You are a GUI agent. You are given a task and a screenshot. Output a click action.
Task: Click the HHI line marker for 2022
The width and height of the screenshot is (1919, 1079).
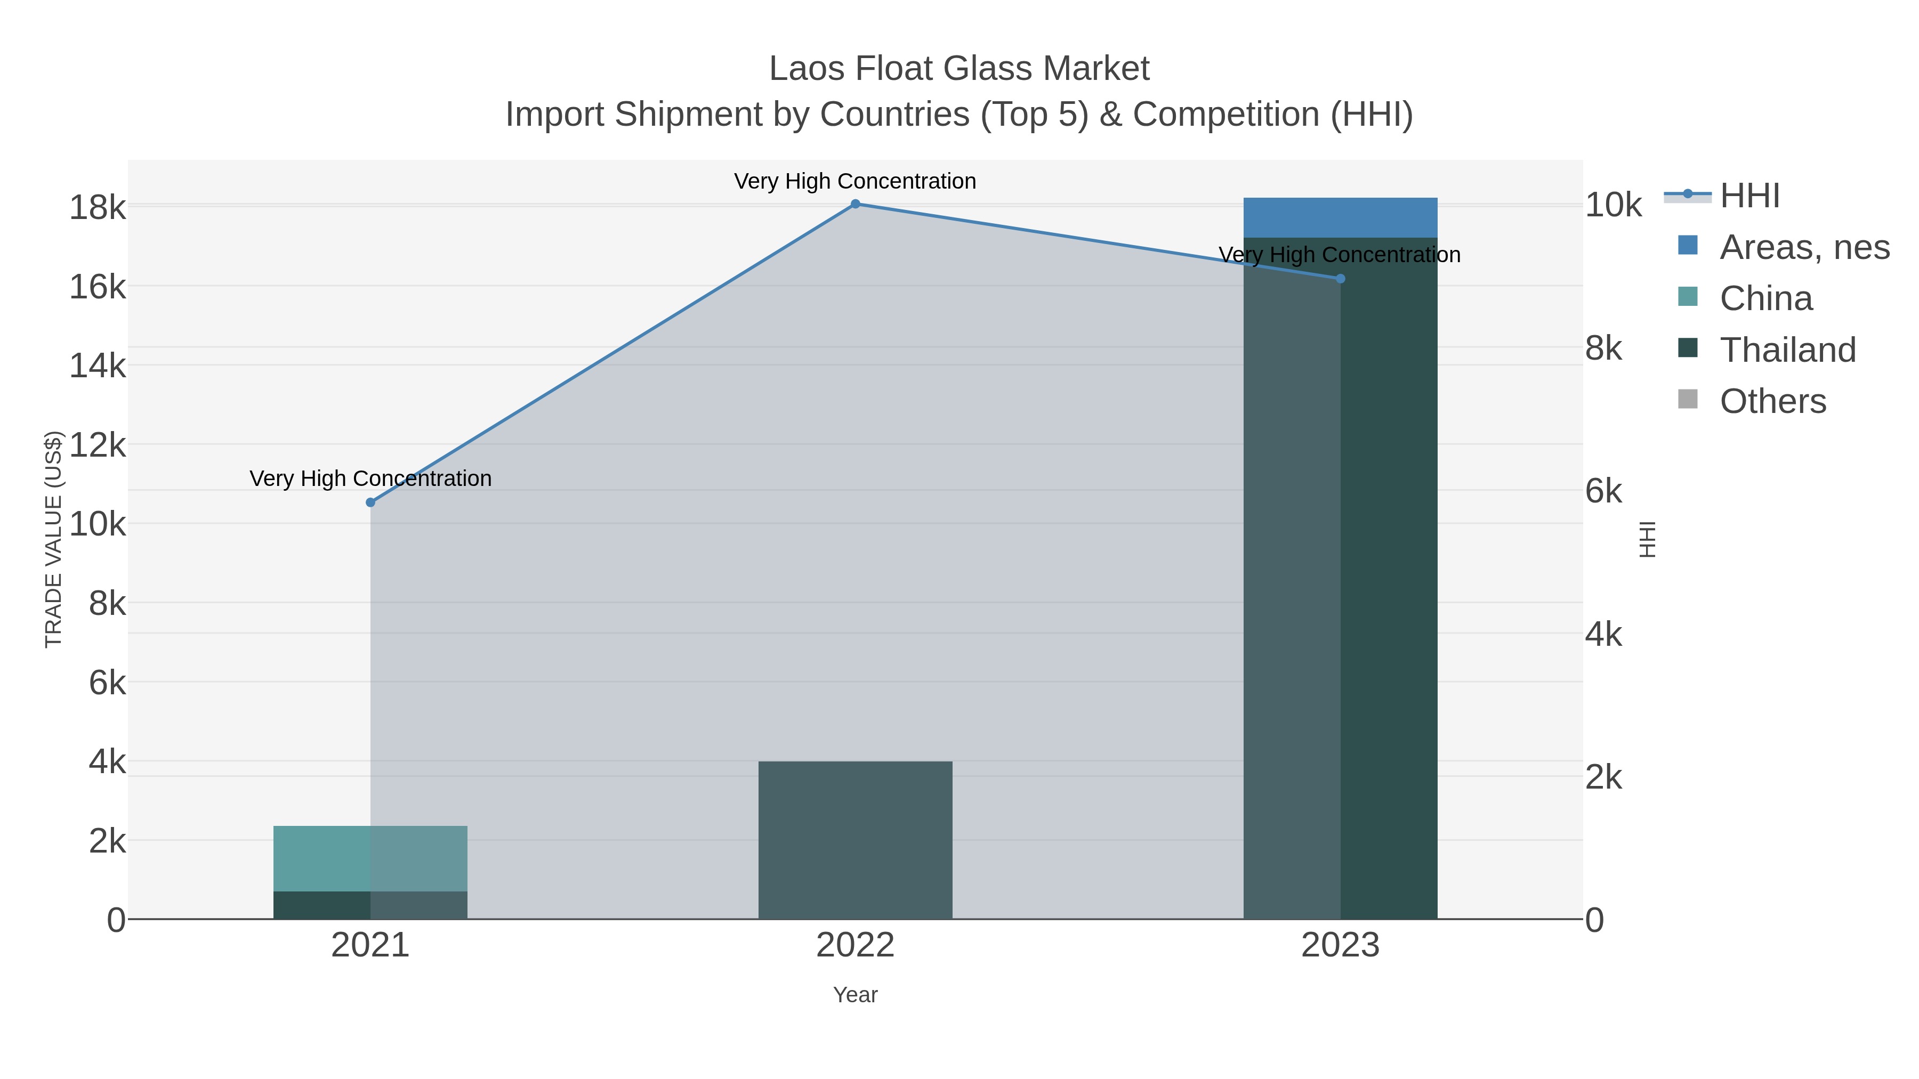pos(855,204)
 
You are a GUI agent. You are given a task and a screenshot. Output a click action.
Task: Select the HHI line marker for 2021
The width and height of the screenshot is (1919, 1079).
pos(370,502)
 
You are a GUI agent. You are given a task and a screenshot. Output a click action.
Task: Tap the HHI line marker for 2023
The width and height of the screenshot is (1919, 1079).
pos(1340,279)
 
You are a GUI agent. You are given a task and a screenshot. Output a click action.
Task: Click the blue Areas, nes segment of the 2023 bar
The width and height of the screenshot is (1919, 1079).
pos(1340,217)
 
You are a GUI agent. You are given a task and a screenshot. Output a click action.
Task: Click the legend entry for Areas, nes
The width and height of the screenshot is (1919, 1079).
pos(1803,247)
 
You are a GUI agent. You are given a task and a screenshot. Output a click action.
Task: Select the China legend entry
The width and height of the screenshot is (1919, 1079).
pos(1765,298)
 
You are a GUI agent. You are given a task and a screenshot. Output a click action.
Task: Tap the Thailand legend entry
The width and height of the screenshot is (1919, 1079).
pos(1787,350)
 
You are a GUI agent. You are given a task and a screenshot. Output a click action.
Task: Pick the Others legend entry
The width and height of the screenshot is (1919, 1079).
pos(1772,401)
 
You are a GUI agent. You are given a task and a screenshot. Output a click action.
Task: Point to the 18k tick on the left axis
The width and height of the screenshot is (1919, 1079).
pos(98,208)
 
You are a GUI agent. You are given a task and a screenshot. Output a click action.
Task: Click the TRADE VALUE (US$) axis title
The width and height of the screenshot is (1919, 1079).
pos(54,539)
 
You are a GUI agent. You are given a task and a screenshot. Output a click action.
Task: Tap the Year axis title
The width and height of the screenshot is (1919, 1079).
pos(855,995)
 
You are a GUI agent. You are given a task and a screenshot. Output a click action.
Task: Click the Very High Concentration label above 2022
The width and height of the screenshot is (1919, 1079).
pos(855,181)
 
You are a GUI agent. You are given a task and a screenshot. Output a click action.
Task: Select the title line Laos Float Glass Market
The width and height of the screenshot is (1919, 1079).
pos(959,69)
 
